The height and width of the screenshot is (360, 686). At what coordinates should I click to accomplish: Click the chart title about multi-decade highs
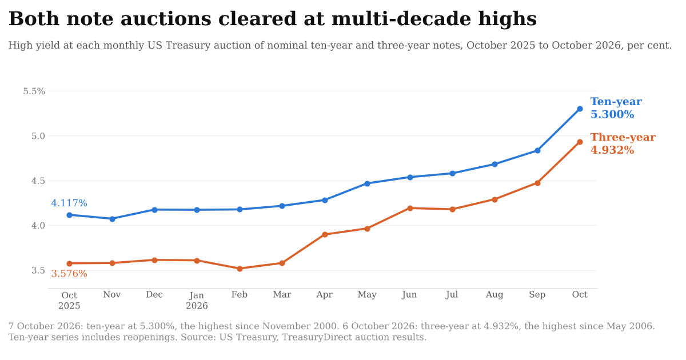273,19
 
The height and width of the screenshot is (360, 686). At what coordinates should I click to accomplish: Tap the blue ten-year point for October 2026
580,109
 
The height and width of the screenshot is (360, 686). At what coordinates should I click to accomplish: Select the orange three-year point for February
240,269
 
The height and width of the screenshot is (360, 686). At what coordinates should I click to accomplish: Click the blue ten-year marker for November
112,219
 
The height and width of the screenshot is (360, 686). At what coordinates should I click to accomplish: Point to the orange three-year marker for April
325,234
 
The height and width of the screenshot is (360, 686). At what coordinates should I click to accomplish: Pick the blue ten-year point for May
367,183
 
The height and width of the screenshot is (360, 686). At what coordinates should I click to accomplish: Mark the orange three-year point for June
410,208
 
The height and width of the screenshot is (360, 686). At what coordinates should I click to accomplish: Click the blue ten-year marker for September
537,151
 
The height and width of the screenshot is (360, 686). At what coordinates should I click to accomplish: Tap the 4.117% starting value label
69,203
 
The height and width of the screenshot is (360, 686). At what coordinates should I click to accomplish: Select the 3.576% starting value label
69,273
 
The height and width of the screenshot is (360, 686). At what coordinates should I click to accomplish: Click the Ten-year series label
616,102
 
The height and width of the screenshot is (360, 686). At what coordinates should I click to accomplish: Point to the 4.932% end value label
612,150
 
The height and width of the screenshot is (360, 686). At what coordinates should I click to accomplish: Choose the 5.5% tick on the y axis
34,91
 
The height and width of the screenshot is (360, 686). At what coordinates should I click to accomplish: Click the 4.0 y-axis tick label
38,226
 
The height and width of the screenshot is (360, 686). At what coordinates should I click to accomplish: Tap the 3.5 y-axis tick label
38,271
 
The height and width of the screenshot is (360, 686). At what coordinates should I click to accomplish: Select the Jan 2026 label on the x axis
197,301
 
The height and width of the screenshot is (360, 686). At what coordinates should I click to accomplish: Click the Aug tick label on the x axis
494,295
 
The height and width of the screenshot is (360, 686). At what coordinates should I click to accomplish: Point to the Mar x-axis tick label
282,294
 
